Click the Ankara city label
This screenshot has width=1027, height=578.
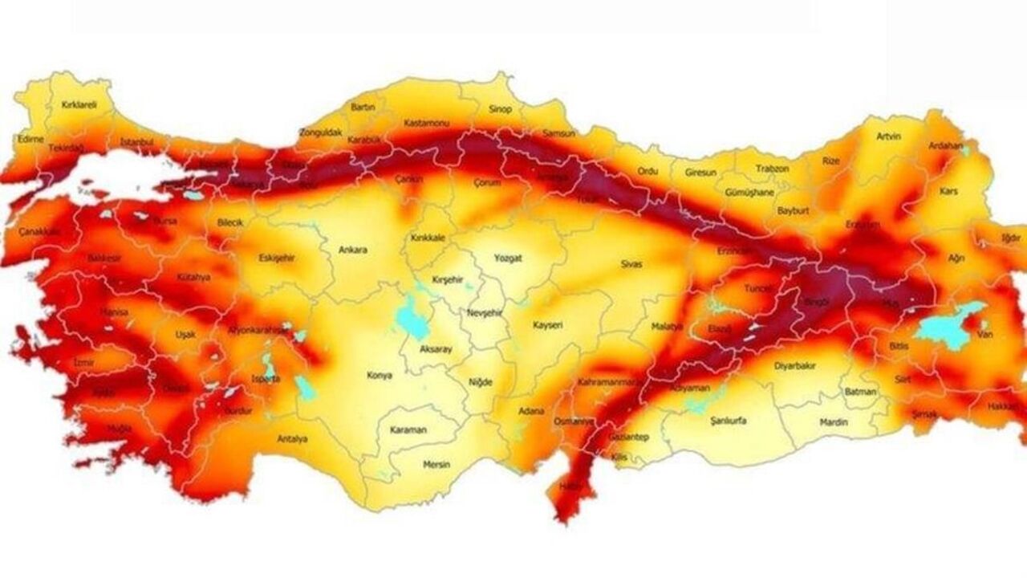pyautogui.click(x=353, y=250)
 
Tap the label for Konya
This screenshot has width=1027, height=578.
pyautogui.click(x=380, y=375)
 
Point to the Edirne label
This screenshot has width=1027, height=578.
pyautogui.click(x=30, y=139)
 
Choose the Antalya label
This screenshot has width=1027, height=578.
pyautogui.click(x=292, y=438)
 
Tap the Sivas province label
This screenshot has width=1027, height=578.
pyautogui.click(x=631, y=263)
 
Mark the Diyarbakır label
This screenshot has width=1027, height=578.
pyautogui.click(x=794, y=365)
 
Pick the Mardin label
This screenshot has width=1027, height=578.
pyautogui.click(x=834, y=421)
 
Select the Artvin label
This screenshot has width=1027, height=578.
pyautogui.click(x=888, y=136)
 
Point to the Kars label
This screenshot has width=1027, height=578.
pyautogui.click(x=948, y=192)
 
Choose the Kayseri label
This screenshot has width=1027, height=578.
pyautogui.click(x=549, y=325)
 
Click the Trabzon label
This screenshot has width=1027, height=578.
pyautogui.click(x=773, y=169)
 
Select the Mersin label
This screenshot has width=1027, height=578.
pyautogui.click(x=436, y=464)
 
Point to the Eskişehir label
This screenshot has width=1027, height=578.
pyautogui.click(x=277, y=258)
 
